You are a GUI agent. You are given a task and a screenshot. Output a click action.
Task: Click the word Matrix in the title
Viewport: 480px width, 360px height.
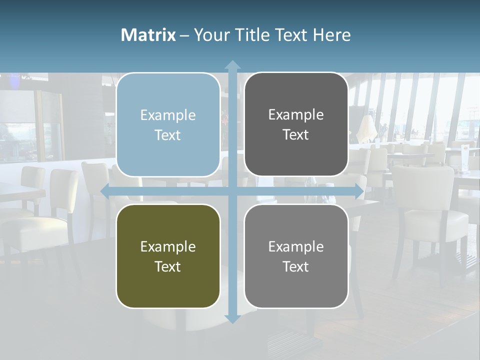coord(148,35)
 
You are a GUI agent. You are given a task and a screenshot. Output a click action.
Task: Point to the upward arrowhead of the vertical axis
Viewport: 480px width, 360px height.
coord(232,64)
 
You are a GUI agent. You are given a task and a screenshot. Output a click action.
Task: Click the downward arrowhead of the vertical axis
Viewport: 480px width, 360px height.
coord(232,318)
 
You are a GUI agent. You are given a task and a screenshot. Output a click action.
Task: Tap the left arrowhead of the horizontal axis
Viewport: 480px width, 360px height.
coord(105,191)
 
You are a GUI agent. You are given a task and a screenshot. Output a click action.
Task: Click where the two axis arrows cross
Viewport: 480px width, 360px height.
coord(232,191)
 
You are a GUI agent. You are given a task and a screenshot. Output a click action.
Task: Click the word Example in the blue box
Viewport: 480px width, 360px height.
coord(168,115)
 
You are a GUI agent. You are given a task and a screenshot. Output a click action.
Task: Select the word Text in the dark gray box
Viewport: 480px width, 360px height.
coord(296,135)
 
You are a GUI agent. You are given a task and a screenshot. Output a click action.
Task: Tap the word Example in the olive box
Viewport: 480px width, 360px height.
coord(168,247)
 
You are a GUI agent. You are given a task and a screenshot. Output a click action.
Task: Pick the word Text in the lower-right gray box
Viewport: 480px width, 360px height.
coord(296,267)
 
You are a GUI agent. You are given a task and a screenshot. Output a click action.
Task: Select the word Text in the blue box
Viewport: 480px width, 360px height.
coord(168,135)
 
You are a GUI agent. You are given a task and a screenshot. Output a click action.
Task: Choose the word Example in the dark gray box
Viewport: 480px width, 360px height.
coord(296,115)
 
